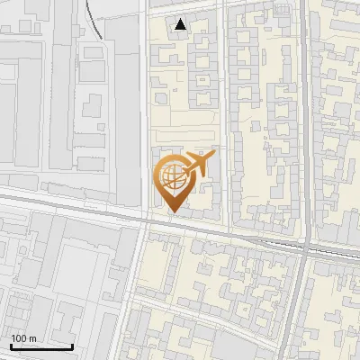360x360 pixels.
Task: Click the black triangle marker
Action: click(x=181, y=24)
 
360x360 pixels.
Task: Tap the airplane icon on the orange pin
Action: click(x=199, y=165)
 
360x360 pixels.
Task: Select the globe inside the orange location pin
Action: click(x=173, y=176)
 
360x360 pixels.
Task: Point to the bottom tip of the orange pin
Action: click(x=173, y=212)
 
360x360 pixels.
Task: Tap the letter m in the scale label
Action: click(x=32, y=338)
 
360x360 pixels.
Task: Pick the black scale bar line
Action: click(x=42, y=346)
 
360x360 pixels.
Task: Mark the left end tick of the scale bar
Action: click(x=12, y=345)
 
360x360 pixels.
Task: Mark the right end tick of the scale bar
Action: click(x=73, y=345)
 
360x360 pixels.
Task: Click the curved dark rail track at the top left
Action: click(x=94, y=22)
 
